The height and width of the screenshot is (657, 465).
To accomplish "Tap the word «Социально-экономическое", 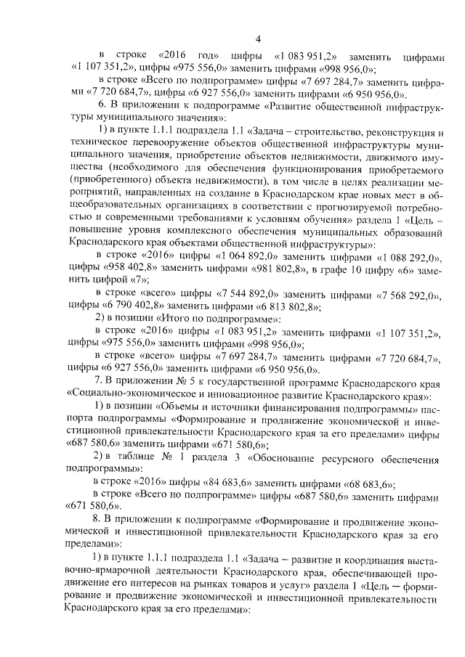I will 131,393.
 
